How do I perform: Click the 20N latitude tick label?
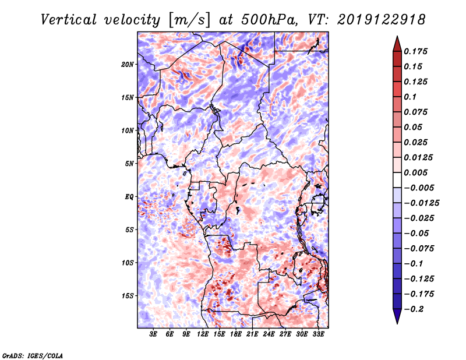click(x=128, y=64)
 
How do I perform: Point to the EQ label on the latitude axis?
click(x=129, y=197)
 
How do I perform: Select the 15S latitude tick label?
click(x=128, y=296)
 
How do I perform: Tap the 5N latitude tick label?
click(x=129, y=164)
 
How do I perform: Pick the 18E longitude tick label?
click(x=236, y=334)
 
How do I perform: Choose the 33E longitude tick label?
click(x=318, y=334)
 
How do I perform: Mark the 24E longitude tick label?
click(x=269, y=334)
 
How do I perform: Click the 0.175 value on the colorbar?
click(x=418, y=52)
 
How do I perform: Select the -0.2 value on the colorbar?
click(x=416, y=309)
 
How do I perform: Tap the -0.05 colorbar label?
click(x=418, y=233)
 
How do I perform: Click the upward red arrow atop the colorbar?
click(x=397, y=43)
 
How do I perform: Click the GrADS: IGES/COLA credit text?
click(x=32, y=355)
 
